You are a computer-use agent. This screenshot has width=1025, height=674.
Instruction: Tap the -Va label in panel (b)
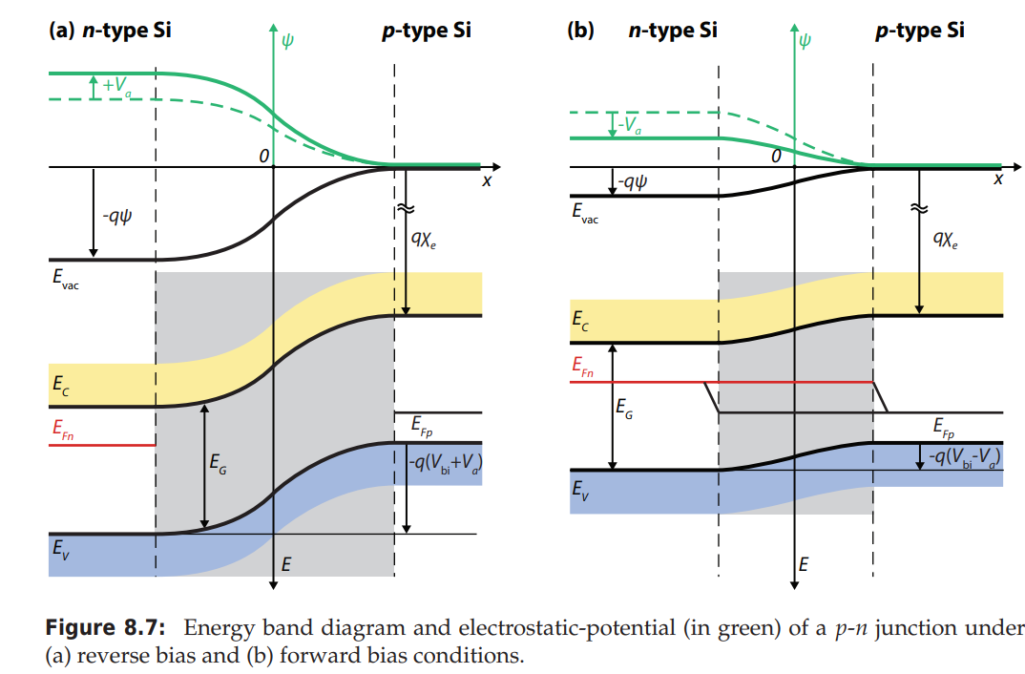628,125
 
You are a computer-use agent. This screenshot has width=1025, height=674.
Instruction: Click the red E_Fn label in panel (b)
582,367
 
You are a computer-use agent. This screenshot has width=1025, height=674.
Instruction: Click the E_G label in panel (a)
218,467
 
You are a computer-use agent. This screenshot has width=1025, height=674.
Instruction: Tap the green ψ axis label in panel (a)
289,40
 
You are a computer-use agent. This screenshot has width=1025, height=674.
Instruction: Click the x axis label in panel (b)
998,179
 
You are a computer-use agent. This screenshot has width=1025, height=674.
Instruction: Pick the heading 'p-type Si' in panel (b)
919,31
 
